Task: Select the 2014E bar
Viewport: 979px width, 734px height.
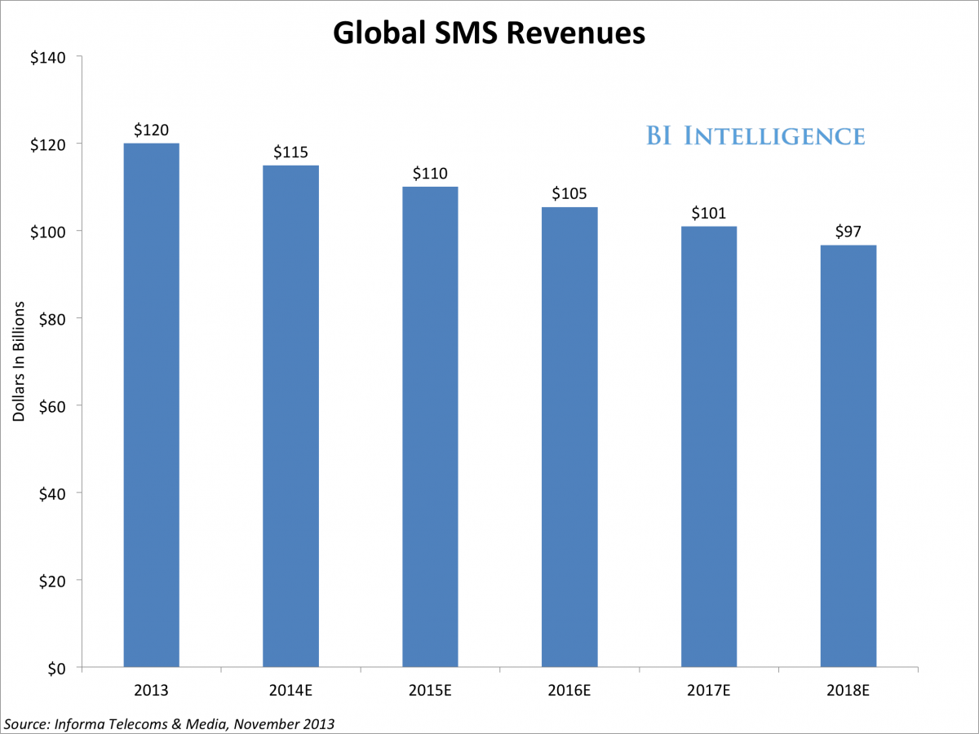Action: click(290, 416)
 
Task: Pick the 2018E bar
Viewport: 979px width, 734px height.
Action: click(848, 456)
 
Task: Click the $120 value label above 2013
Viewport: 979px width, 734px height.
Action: click(151, 129)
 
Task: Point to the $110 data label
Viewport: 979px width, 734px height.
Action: click(430, 173)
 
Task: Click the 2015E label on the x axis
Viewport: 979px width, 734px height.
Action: click(430, 692)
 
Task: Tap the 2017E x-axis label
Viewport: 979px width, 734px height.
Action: click(709, 692)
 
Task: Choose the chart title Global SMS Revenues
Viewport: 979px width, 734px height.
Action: click(489, 33)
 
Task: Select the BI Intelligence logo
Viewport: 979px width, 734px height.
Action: click(755, 136)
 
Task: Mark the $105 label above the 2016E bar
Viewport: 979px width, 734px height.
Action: click(569, 193)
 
